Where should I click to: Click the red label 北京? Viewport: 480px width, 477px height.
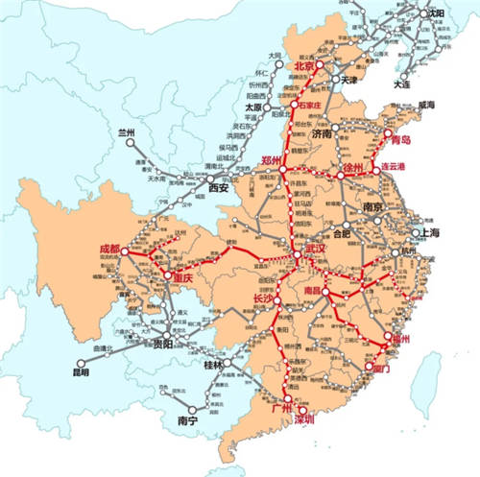[x=304, y=67]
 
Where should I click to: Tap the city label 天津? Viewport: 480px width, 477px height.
[x=355, y=80]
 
